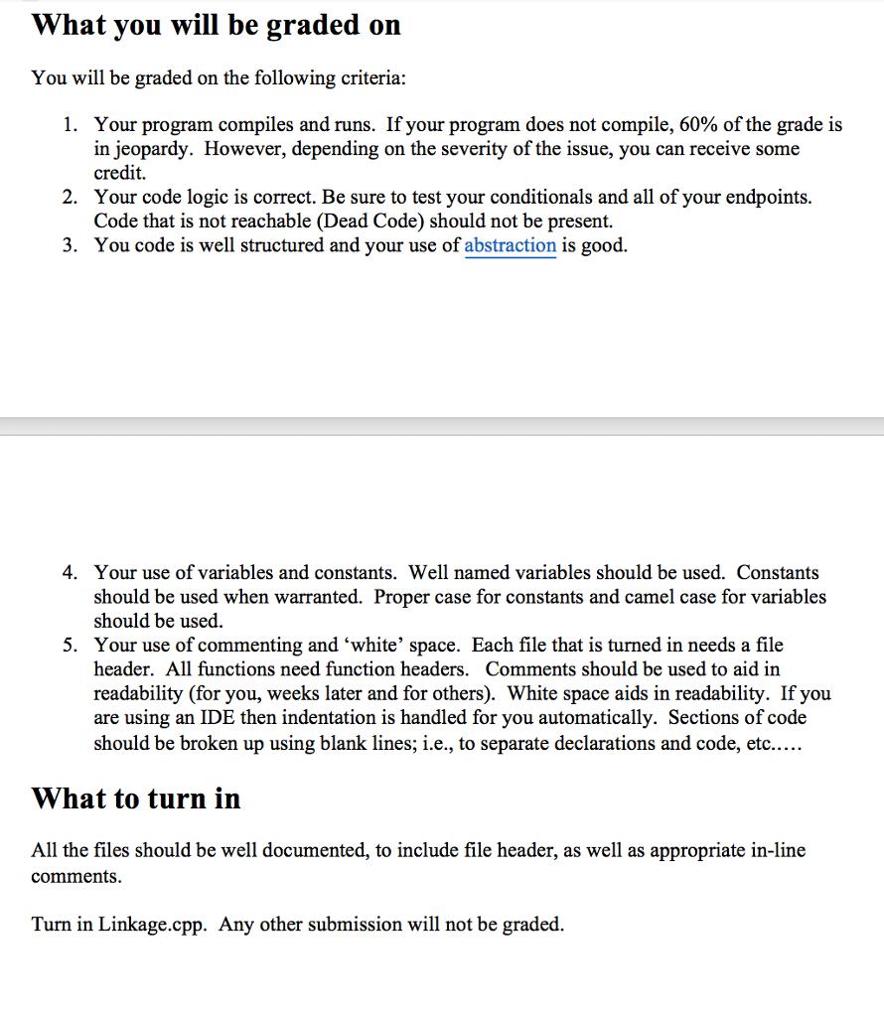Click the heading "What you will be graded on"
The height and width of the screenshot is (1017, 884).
pos(217,25)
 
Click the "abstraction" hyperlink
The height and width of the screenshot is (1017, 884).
pos(510,245)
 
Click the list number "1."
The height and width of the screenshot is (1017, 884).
pos(70,125)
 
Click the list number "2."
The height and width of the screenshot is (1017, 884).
pos(70,198)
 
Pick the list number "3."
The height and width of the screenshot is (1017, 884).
pos(70,245)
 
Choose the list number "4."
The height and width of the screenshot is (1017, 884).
pos(70,573)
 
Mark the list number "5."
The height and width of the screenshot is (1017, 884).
pos(70,646)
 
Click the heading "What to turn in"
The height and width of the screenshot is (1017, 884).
pos(136,798)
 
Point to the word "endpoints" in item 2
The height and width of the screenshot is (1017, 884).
pos(769,198)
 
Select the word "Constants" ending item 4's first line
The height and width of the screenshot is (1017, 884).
pos(778,573)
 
